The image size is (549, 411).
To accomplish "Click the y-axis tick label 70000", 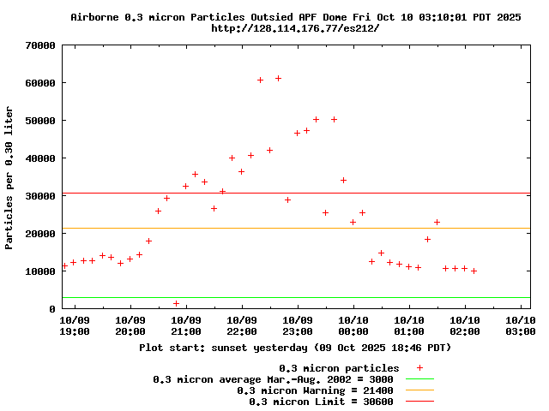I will (39, 45).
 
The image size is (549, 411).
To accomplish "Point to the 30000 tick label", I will (39, 196).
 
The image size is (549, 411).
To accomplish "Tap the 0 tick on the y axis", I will (53, 308).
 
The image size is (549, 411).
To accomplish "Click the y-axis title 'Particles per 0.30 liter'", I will (9, 177).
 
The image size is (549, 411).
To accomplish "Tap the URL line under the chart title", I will (295, 28).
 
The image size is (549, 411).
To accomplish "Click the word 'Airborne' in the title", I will (98, 16).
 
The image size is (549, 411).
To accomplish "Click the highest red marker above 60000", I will (278, 78).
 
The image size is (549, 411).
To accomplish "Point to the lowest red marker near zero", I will (176, 303).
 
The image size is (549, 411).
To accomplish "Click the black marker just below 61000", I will (260, 80).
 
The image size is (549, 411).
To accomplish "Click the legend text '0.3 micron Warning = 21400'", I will (315, 390).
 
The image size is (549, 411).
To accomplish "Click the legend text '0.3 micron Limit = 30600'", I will (321, 401).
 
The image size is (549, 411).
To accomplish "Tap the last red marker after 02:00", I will (474, 271).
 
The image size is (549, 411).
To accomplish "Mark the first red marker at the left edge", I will (64, 265).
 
